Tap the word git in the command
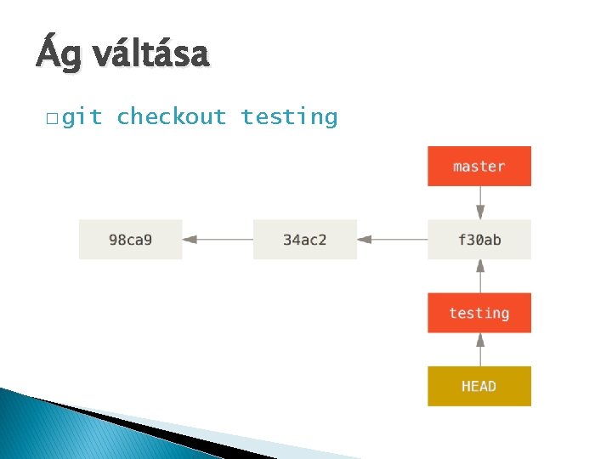point(82,116)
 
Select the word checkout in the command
point(172,116)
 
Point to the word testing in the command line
point(289,116)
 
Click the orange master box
point(479,166)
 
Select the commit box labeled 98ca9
point(131,240)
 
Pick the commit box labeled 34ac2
point(304,240)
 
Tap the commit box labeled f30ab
point(479,240)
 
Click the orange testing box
point(479,313)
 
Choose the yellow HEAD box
point(479,386)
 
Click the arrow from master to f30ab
point(480,203)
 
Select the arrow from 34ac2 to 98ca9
point(218,240)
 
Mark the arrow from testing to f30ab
point(480,276)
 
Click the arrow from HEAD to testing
point(480,349)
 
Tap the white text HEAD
point(479,386)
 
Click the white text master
point(479,166)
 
